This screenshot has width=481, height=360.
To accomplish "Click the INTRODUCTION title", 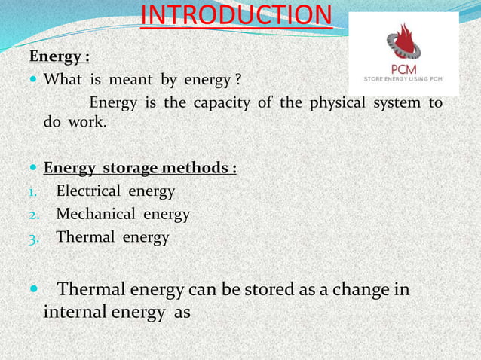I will pos(237,15).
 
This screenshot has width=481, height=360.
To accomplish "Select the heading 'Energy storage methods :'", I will pos(140,166).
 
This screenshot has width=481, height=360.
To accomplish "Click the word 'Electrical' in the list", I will pos(88,191).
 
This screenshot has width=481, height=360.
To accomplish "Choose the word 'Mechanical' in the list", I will pos(93,215).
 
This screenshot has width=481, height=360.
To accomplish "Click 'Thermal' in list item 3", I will pos(84,238).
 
